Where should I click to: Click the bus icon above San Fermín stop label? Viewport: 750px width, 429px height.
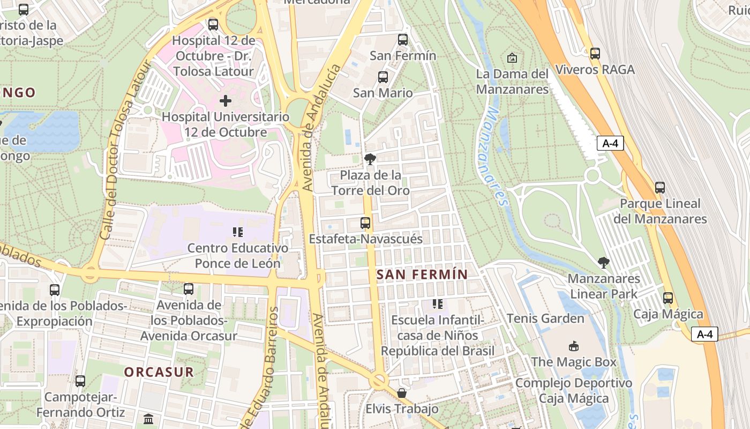coord(403,40)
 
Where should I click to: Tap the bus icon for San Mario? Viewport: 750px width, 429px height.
coord(383,77)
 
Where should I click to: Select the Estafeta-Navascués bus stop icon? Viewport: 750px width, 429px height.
coord(365,223)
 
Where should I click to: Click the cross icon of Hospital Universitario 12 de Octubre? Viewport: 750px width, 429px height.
coord(226,100)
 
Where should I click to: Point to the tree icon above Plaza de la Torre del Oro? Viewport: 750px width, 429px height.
coord(370,159)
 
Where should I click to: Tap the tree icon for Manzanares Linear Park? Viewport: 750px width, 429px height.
coord(604,263)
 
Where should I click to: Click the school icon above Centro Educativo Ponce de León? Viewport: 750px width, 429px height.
coord(238,232)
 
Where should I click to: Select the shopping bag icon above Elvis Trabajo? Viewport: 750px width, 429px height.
coord(402,393)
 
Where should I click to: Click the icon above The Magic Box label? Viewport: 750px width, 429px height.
coord(573,346)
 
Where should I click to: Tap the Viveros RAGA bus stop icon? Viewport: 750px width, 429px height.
coord(595,54)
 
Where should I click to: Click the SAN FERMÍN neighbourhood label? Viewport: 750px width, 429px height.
coord(422,275)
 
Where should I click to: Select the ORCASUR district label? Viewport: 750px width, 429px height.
coord(159,372)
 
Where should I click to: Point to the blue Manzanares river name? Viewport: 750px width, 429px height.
coord(496,156)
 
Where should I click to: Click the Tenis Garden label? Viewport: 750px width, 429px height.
coord(545,319)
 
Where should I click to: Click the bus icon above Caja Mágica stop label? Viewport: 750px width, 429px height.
coord(667,298)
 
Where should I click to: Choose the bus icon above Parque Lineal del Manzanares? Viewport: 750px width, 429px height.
coord(660,188)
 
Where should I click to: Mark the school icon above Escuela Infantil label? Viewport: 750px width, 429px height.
coord(438,304)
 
